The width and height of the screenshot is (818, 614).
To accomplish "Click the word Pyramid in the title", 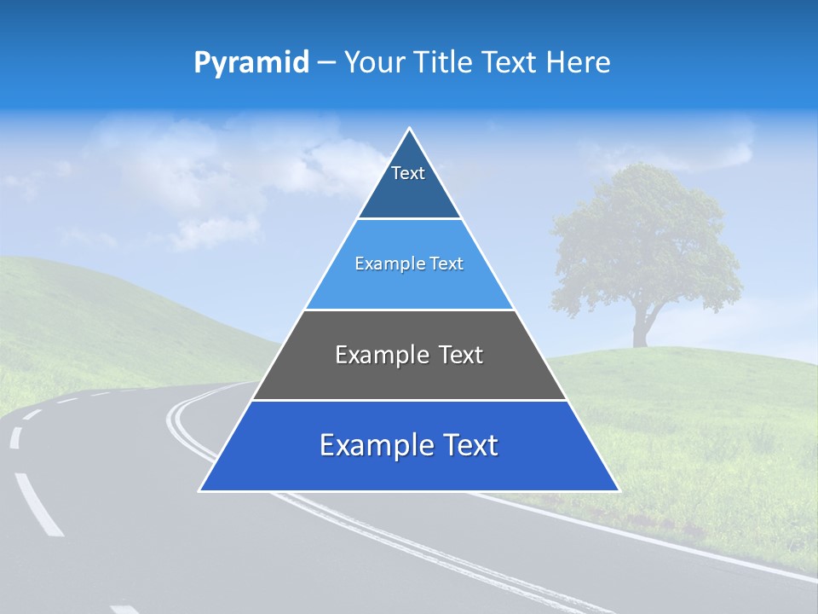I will tap(251, 63).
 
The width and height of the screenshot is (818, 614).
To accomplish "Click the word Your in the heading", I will tap(375, 63).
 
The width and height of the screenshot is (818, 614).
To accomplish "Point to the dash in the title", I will tap(326, 63).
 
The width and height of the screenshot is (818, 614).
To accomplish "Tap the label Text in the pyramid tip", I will tap(408, 173).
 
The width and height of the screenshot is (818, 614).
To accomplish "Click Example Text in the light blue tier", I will tap(409, 264).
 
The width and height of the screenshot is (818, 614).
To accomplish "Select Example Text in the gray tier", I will tap(409, 355).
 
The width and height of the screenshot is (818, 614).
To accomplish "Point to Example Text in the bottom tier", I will tap(409, 445).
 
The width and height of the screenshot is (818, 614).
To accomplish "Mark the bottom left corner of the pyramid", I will tap(200, 490).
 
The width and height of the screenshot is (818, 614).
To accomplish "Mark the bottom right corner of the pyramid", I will tap(618, 490).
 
